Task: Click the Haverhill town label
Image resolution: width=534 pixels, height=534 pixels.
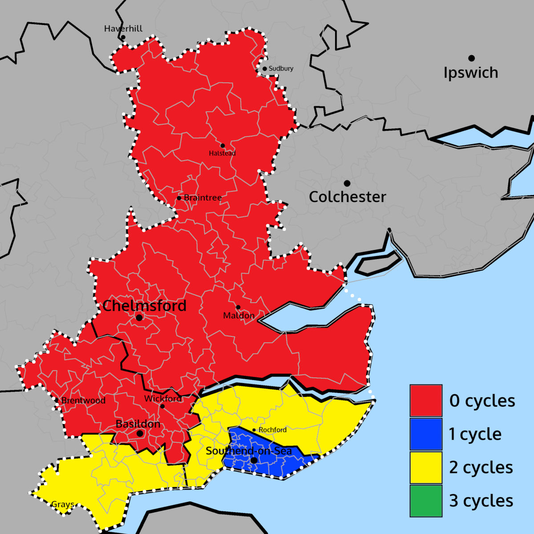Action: tap(123, 29)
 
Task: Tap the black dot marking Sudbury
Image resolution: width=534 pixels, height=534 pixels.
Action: tap(264, 69)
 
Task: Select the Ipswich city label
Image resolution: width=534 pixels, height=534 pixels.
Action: tap(471, 73)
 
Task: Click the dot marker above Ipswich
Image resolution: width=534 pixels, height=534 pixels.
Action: tap(471, 58)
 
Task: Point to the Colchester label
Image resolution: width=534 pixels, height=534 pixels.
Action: tap(347, 197)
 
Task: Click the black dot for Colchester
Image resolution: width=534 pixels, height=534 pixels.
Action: tap(347, 183)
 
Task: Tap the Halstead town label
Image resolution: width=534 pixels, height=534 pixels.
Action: tap(222, 154)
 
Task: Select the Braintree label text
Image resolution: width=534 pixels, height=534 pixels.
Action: tap(202, 198)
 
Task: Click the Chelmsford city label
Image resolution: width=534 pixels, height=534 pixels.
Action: tap(145, 306)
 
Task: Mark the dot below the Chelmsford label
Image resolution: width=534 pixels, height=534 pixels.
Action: tap(139, 318)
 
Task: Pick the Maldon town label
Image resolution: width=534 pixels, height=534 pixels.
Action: tap(239, 316)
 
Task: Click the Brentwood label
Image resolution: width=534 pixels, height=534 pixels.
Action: tap(83, 400)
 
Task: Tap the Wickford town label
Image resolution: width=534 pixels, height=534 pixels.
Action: tap(163, 399)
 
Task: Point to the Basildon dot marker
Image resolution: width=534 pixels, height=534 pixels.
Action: tap(140, 433)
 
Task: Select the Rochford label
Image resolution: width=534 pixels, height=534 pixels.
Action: tap(272, 430)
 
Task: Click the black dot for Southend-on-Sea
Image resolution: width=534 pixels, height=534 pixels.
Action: tap(254, 460)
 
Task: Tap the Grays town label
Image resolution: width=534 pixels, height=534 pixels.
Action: tap(63, 505)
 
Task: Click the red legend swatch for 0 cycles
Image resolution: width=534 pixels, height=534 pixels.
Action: tap(426, 400)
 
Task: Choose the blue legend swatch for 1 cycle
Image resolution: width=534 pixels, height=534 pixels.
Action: tap(426, 434)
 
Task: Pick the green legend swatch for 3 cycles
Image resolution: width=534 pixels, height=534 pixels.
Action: tap(426, 501)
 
